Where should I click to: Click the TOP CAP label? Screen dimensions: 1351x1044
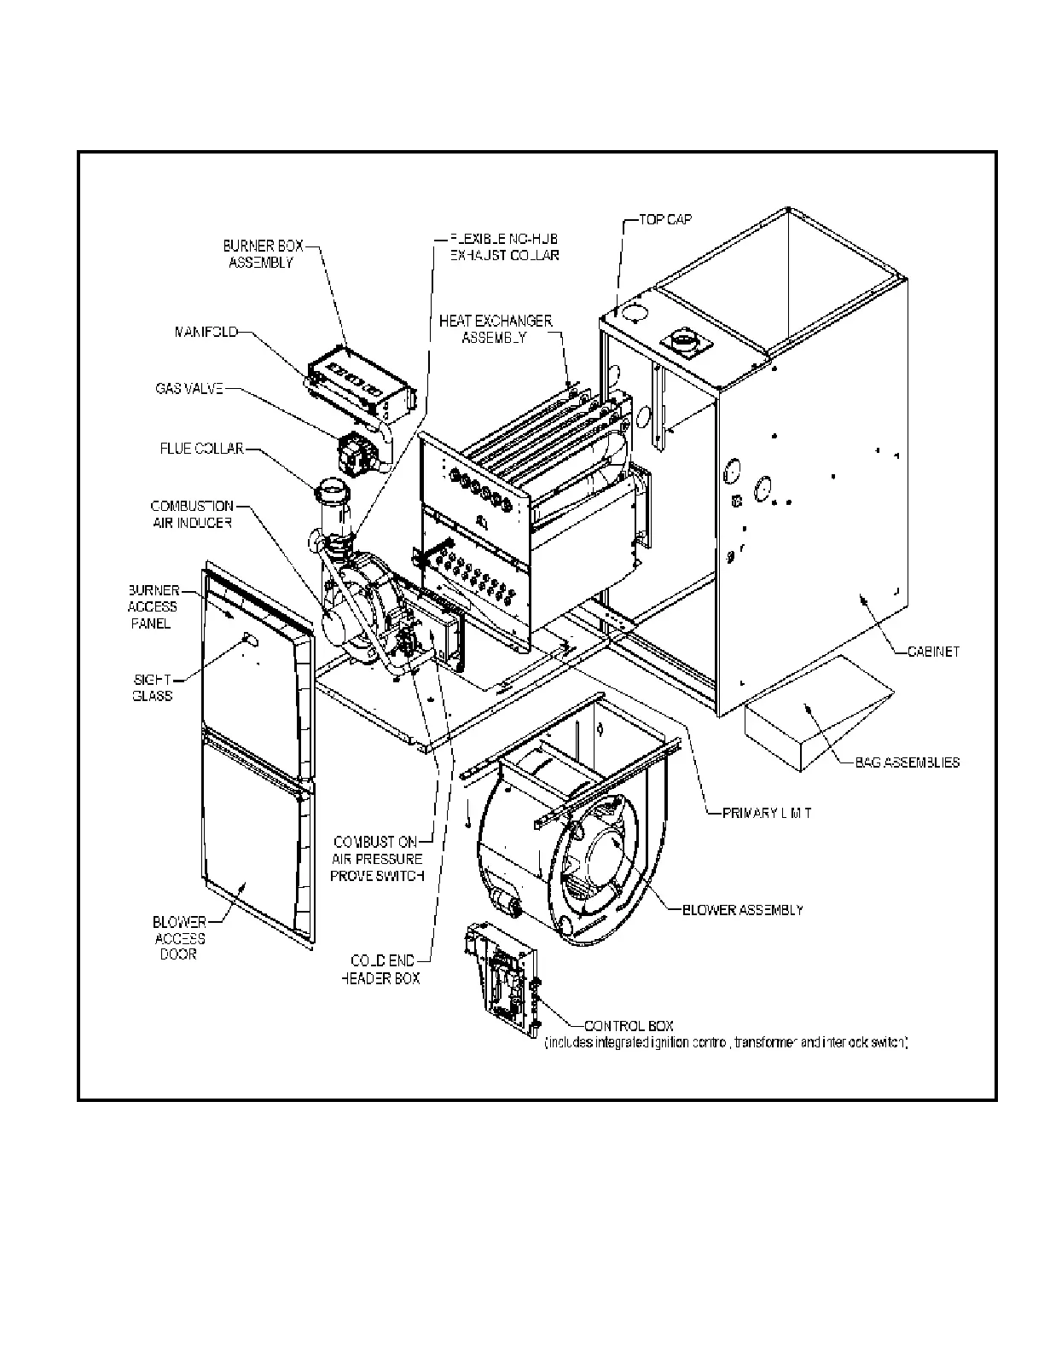666,219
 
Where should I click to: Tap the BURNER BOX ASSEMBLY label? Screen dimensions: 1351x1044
263,254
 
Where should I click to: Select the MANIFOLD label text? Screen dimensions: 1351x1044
206,332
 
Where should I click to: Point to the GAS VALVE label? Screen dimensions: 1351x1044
189,388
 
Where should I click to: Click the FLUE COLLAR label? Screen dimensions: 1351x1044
201,448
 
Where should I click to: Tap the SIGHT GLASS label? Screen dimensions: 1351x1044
152,687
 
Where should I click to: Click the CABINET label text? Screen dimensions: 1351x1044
934,652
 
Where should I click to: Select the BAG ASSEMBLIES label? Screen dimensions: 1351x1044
907,762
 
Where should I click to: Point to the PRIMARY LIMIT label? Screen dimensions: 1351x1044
766,814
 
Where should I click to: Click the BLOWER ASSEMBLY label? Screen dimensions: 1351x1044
742,910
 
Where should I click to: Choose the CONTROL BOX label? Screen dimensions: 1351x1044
629,1026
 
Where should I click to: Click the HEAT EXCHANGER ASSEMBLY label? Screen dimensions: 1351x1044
496,328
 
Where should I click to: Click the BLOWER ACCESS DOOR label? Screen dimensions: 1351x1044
179,938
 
